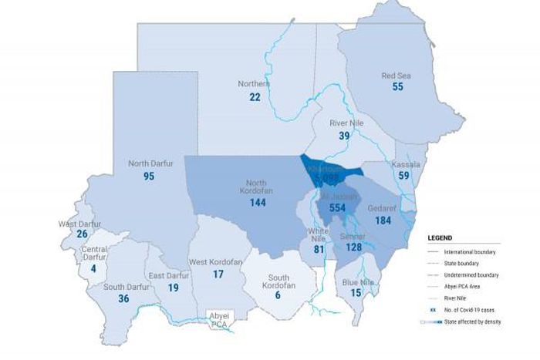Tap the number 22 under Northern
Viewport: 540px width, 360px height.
pyautogui.click(x=255, y=97)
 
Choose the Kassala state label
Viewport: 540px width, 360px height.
pyautogui.click(x=405, y=164)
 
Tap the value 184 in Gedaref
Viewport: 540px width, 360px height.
pyautogui.click(x=383, y=220)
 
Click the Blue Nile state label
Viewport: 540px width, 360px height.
pyautogui.click(x=358, y=282)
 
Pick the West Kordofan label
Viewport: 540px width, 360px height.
pyautogui.click(x=217, y=262)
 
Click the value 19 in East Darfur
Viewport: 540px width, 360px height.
pyautogui.click(x=174, y=288)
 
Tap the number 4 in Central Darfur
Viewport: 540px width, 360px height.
pyautogui.click(x=93, y=269)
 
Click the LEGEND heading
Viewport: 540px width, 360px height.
pyautogui.click(x=440, y=238)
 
